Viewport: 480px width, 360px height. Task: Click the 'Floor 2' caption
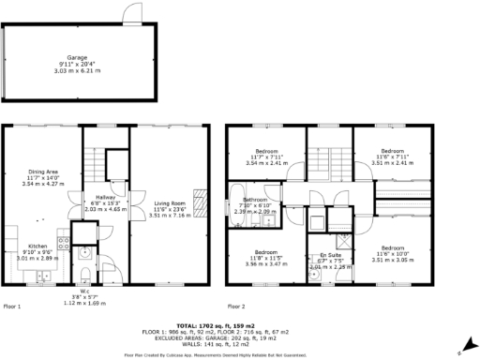tap(236, 307)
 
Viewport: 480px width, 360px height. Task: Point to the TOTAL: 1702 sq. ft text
tap(240, 324)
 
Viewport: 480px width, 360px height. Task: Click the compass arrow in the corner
tap(458, 351)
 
